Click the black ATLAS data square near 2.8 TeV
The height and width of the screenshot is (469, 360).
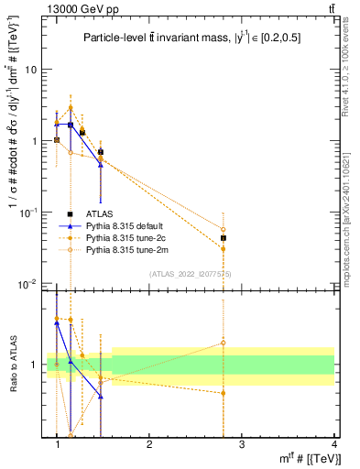click(223, 238)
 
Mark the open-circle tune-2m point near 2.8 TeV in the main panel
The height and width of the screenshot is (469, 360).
click(223, 229)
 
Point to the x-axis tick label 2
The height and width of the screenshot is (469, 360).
click(149, 442)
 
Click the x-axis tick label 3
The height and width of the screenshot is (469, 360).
click(242, 442)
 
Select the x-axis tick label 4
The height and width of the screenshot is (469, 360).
click(333, 442)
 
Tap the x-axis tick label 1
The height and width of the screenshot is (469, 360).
click(58, 442)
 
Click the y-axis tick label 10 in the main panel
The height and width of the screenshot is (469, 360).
click(31, 70)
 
